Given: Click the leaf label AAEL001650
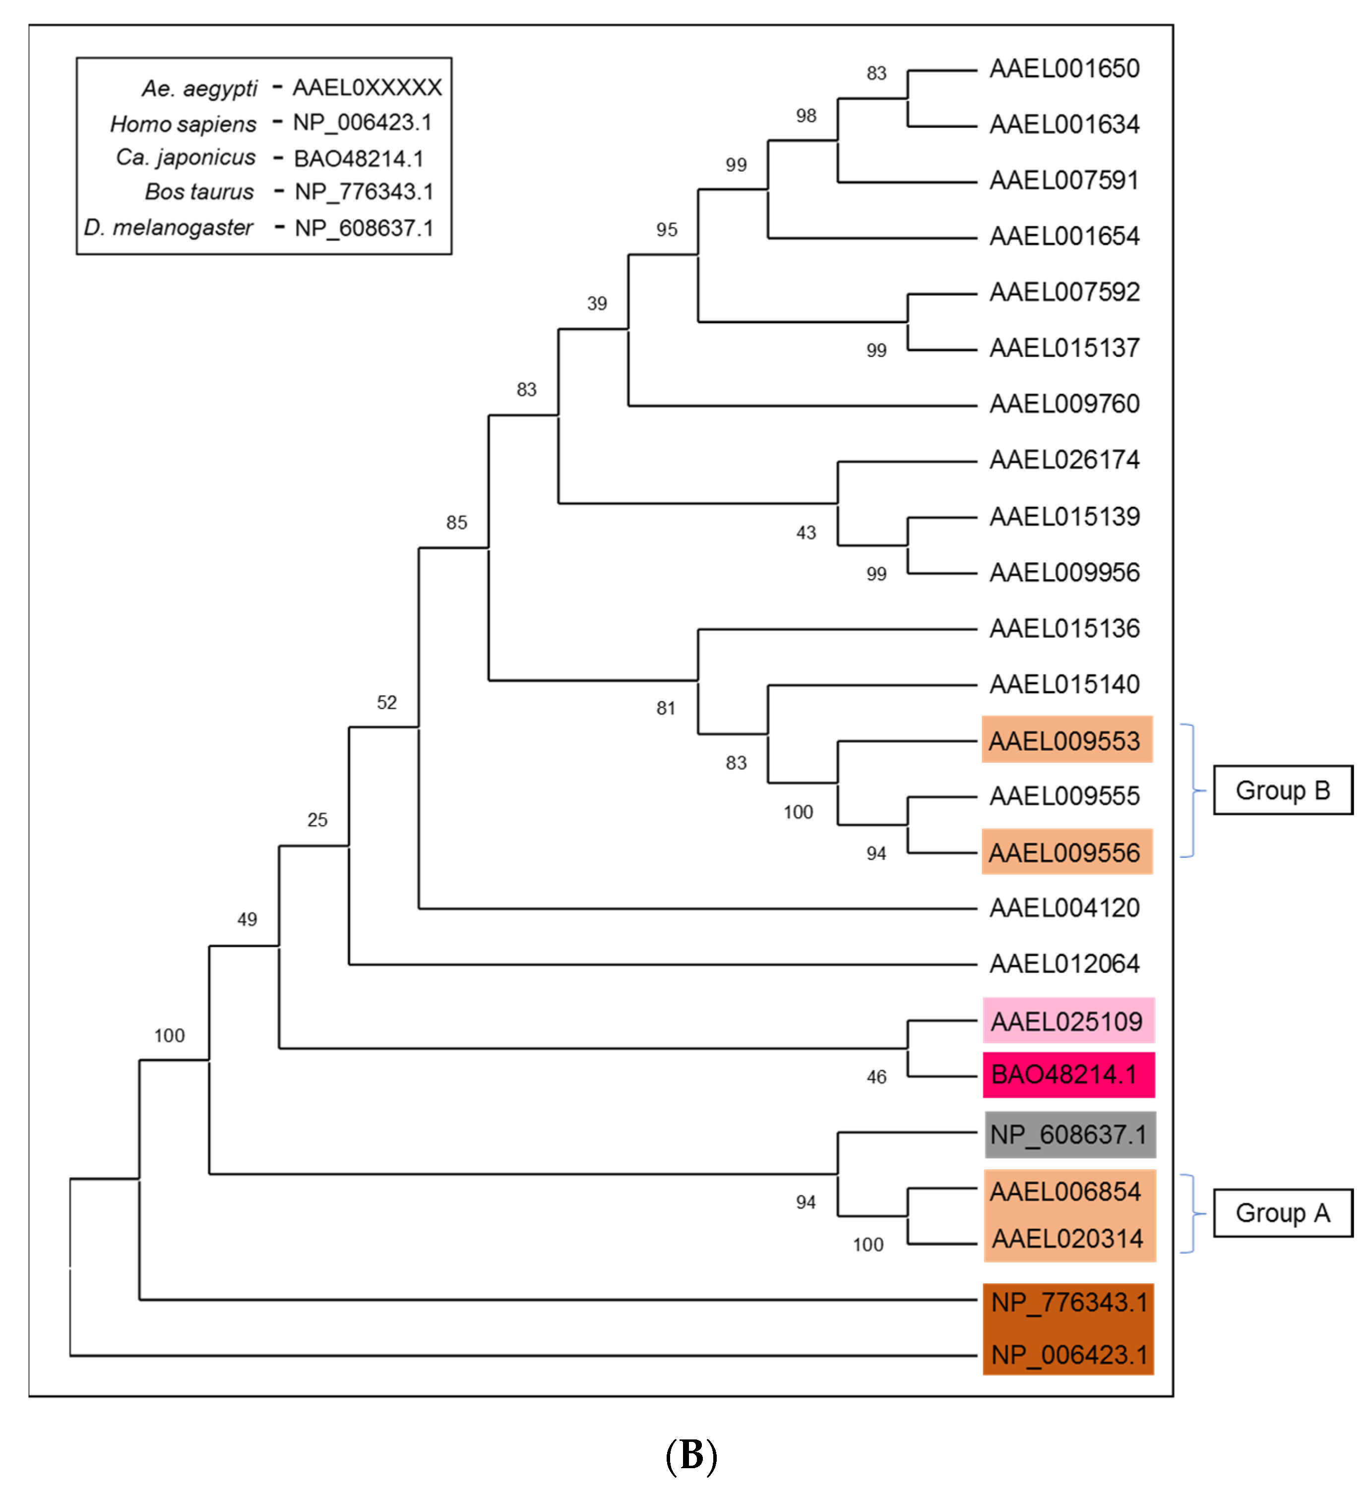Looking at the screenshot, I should [x=1064, y=69].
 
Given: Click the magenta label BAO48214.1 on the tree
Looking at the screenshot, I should [x=1064, y=1074].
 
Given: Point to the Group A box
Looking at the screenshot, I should [x=1282, y=1213].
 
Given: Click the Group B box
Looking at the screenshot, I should [x=1282, y=790].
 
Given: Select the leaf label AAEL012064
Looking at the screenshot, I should [x=1064, y=963].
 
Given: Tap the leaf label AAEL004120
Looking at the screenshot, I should [x=1064, y=908].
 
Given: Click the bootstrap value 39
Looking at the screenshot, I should [x=597, y=303].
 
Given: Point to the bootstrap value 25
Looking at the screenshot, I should [x=317, y=820].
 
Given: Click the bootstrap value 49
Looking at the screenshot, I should [x=247, y=920].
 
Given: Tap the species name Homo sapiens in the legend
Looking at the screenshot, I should [x=183, y=123].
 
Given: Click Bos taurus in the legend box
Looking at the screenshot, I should [x=199, y=192].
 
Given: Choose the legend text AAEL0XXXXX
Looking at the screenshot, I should [x=367, y=88].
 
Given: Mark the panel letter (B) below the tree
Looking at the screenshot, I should [x=690, y=1455].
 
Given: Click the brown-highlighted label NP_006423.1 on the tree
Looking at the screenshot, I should [x=1068, y=1355].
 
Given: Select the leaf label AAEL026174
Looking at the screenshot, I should [x=1064, y=460].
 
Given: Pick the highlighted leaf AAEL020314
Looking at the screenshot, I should [x=1067, y=1239].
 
